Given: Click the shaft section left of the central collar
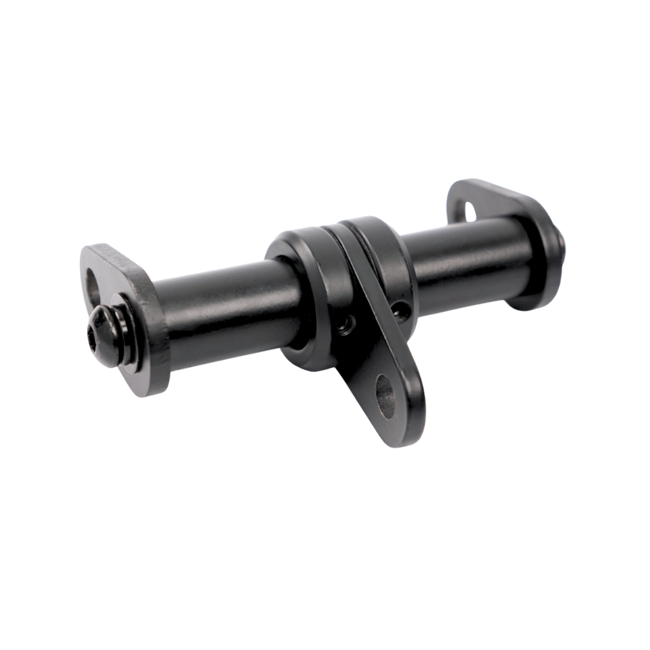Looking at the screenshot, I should click(x=214, y=305).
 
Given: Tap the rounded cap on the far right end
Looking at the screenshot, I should click(x=552, y=260).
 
